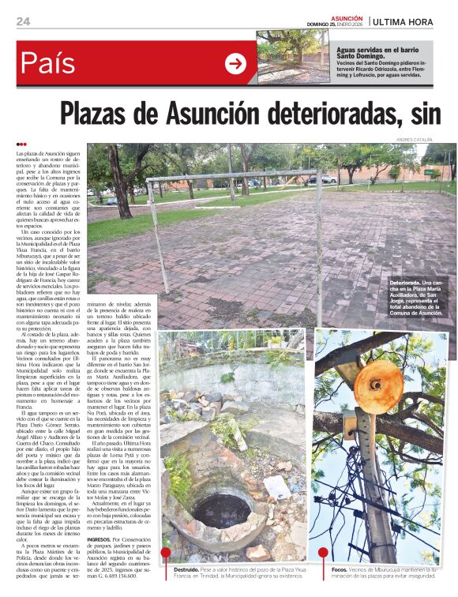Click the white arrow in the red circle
pyautogui.click(x=235, y=64)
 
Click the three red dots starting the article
pyautogui.click(x=21, y=144)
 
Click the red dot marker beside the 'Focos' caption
pyautogui.click(x=324, y=554)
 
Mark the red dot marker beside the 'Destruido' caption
pyautogui.click(x=166, y=554)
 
